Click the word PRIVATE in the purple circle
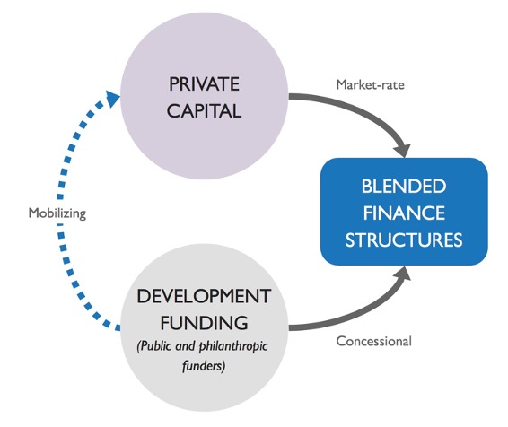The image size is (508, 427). coord(204,84)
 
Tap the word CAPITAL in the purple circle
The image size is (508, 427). coord(204,110)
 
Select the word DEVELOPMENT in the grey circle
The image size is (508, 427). coord(204,296)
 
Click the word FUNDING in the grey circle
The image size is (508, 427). coord(204,323)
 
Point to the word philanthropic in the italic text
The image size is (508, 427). coord(233,347)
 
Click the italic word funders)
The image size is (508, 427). coord(204,366)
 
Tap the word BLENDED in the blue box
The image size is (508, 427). coord(404,187)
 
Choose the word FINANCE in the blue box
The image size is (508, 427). coord(404,213)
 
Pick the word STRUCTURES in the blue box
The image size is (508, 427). coord(404,240)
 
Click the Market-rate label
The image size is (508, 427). coord(370,85)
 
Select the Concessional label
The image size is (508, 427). coord(374,341)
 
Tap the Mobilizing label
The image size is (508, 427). coord(57,213)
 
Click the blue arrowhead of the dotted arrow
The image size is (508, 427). coord(112,98)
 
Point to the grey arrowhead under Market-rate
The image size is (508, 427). coord(403,151)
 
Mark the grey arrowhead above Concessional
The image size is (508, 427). coord(403,274)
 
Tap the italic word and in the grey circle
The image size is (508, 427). coord(185,346)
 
